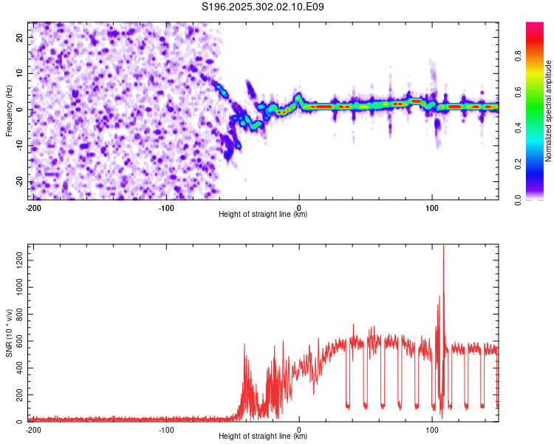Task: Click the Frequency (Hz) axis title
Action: [x=9, y=110]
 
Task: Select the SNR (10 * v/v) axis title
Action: [x=9, y=333]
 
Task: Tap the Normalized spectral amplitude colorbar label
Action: [x=549, y=111]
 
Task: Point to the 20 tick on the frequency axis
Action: [x=20, y=37]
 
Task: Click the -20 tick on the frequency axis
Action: [x=18, y=182]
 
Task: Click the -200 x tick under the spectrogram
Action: [x=33, y=207]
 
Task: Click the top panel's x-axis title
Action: [x=263, y=215]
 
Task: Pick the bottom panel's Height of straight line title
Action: [x=263, y=437]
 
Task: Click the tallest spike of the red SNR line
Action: [x=443, y=247]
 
